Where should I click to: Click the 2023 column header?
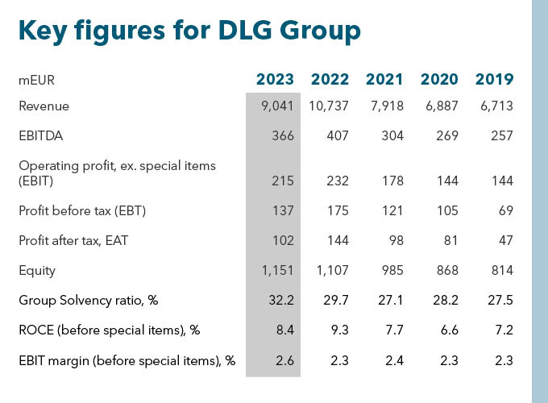[x=275, y=80]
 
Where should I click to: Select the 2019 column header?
[x=494, y=80]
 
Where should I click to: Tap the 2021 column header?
[x=384, y=80]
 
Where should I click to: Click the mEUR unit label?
[x=36, y=81]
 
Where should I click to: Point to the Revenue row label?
[x=44, y=106]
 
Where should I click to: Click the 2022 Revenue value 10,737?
[x=326, y=106]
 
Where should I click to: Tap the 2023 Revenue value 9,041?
[x=276, y=106]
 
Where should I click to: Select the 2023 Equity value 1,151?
[x=277, y=272]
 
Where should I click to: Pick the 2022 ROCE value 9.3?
[x=339, y=330]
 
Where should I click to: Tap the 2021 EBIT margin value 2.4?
[x=394, y=360]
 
